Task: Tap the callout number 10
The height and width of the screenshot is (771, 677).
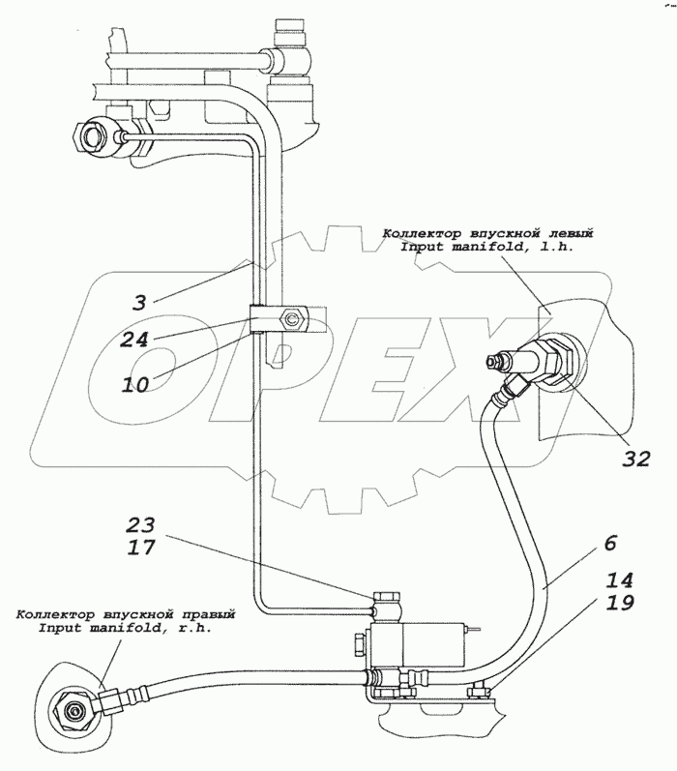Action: (x=135, y=383)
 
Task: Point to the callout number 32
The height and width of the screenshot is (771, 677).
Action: (x=635, y=460)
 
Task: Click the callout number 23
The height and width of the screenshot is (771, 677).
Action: (x=140, y=527)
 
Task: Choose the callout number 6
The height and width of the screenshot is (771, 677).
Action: (x=609, y=543)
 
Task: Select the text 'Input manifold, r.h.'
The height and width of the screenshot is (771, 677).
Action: (x=125, y=628)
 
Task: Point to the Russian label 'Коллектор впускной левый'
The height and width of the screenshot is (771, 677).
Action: (x=486, y=233)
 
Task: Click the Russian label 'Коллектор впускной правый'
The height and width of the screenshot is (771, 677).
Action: (x=125, y=613)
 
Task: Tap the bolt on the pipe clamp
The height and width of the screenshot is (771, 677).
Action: (x=290, y=317)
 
